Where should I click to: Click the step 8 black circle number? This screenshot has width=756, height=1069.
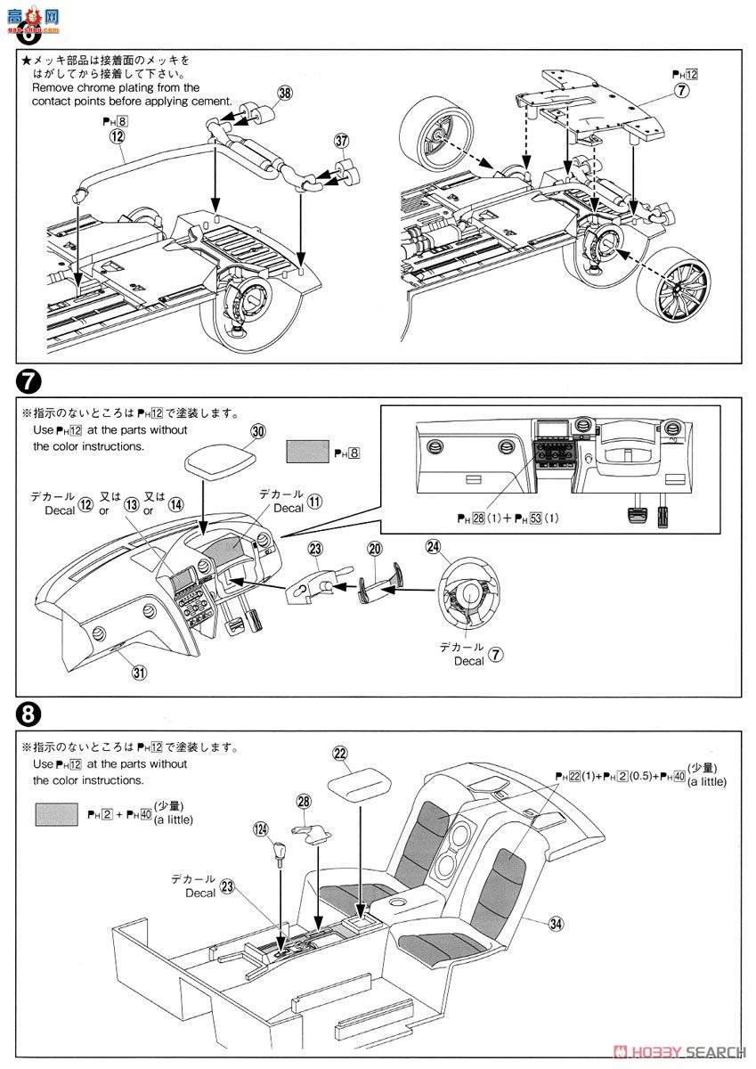pos(28,714)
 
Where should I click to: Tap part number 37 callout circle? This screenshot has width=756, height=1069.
pos(340,141)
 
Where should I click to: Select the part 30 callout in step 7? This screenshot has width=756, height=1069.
pos(258,430)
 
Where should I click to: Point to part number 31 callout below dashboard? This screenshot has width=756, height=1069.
pos(139,673)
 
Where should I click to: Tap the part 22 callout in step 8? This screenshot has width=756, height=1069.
pos(339,753)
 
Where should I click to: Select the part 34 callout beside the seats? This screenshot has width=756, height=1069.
pos(556,924)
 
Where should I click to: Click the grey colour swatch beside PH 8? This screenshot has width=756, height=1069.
pos(308,453)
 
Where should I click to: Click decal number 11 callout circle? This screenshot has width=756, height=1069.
pos(317,502)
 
